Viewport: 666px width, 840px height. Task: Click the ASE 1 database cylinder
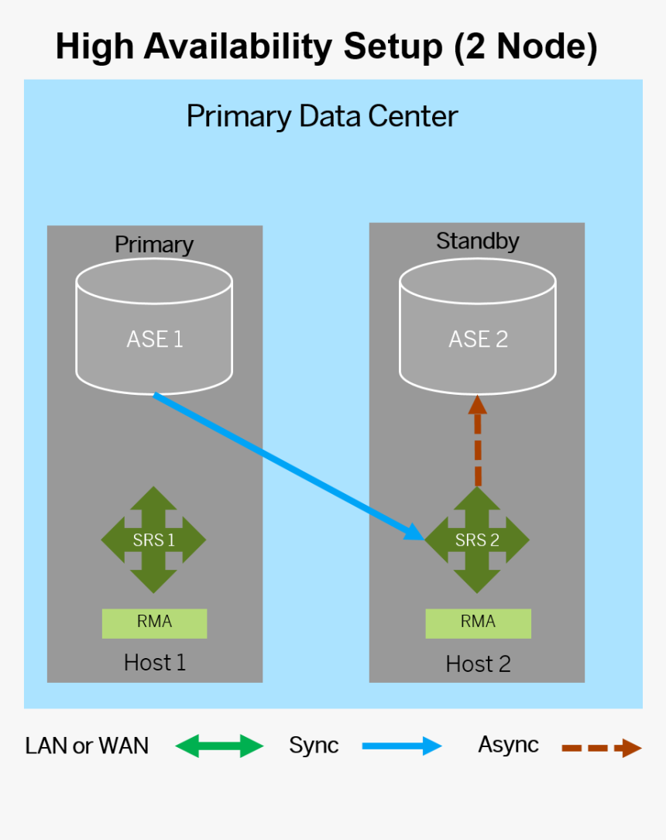pyautogui.click(x=154, y=328)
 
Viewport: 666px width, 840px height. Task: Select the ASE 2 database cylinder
pyautogui.click(x=478, y=328)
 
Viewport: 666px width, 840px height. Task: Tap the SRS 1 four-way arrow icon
pyautogui.click(x=153, y=540)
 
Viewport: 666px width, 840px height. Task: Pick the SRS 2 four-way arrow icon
pyautogui.click(x=477, y=540)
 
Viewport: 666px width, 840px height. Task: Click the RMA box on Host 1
pyautogui.click(x=154, y=622)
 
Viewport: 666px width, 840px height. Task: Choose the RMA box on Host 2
pyautogui.click(x=478, y=622)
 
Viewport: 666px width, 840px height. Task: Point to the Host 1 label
pyautogui.click(x=155, y=663)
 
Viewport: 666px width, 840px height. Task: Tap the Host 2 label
pyautogui.click(x=478, y=664)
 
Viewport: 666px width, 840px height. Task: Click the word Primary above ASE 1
pyautogui.click(x=154, y=245)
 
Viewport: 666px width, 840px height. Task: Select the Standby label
pyautogui.click(x=477, y=241)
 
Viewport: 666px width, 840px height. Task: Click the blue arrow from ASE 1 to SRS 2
pyautogui.click(x=287, y=465)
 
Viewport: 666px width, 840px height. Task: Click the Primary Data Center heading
pyautogui.click(x=322, y=117)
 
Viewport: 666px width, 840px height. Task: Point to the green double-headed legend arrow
pyautogui.click(x=219, y=746)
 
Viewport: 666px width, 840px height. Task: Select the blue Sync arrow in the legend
pyautogui.click(x=401, y=746)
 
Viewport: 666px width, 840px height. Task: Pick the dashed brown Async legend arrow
pyautogui.click(x=601, y=748)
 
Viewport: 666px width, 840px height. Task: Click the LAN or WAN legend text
pyautogui.click(x=87, y=746)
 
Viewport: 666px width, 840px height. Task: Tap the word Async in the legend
pyautogui.click(x=508, y=745)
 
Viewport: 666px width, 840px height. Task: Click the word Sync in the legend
pyautogui.click(x=314, y=746)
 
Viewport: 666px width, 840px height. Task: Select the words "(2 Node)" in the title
pyautogui.click(x=527, y=47)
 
